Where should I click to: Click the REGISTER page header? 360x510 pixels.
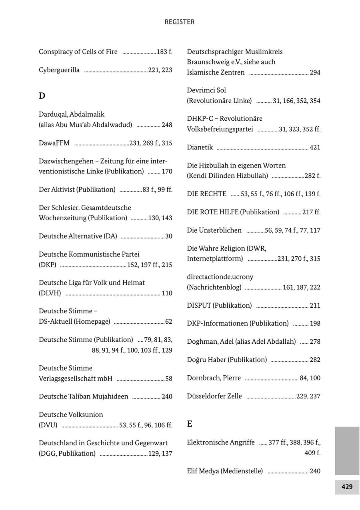pyautogui.click(x=180, y=22)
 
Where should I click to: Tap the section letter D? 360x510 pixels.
pyautogui.click(x=42, y=96)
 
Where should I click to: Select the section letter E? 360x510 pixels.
pyautogui.click(x=190, y=424)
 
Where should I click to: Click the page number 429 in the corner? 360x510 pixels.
pyautogui.click(x=347, y=487)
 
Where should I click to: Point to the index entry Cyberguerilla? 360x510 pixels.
pyautogui.click(x=59, y=70)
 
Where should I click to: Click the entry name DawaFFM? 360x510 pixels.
pyautogui.click(x=54, y=143)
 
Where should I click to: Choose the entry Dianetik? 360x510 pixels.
pyautogui.click(x=200, y=147)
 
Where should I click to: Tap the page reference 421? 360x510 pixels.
pyautogui.click(x=315, y=147)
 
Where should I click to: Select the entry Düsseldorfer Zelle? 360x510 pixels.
pyautogui.click(x=214, y=396)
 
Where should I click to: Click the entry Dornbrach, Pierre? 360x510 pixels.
pyautogui.click(x=214, y=378)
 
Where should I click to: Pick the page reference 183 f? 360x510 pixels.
pyautogui.click(x=164, y=52)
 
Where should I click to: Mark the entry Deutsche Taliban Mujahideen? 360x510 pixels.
pyautogui.click(x=84, y=396)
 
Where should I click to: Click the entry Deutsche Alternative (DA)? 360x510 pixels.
pyautogui.click(x=78, y=236)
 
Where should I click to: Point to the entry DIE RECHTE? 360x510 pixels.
pyautogui.click(x=206, y=194)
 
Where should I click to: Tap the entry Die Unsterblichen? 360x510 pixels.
pyautogui.click(x=214, y=230)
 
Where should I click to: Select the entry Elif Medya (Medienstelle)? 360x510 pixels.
pyautogui.click(x=225, y=471)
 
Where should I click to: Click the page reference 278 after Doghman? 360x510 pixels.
pyautogui.click(x=315, y=342)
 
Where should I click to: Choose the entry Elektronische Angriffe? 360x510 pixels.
pyautogui.click(x=221, y=442)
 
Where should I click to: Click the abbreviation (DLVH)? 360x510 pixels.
pyautogui.click(x=50, y=293)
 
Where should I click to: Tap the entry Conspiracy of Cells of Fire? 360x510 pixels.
pyautogui.click(x=78, y=52)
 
